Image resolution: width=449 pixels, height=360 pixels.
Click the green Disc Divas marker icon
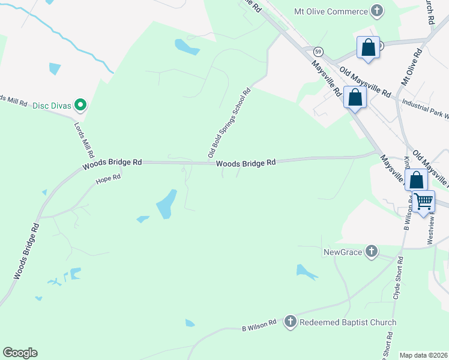79,106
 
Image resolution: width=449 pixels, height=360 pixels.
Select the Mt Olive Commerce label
330,11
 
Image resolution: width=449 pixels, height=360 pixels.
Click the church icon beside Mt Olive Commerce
376,11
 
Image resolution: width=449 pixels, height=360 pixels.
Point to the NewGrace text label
343,252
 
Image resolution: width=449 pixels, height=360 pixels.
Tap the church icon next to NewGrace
372,252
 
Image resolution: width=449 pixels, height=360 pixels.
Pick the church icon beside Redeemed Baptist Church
290,322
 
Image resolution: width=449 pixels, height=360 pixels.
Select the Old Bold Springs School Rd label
229,124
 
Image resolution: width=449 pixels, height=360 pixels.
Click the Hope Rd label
109,178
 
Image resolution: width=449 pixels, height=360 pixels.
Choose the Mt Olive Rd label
412,67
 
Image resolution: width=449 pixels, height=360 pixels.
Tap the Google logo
20,353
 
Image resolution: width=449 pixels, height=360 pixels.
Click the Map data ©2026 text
423,355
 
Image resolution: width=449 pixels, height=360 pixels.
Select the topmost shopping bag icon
368,48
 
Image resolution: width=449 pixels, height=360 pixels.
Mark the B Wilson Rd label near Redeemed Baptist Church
258,325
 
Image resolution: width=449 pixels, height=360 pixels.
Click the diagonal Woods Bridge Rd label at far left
27,251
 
